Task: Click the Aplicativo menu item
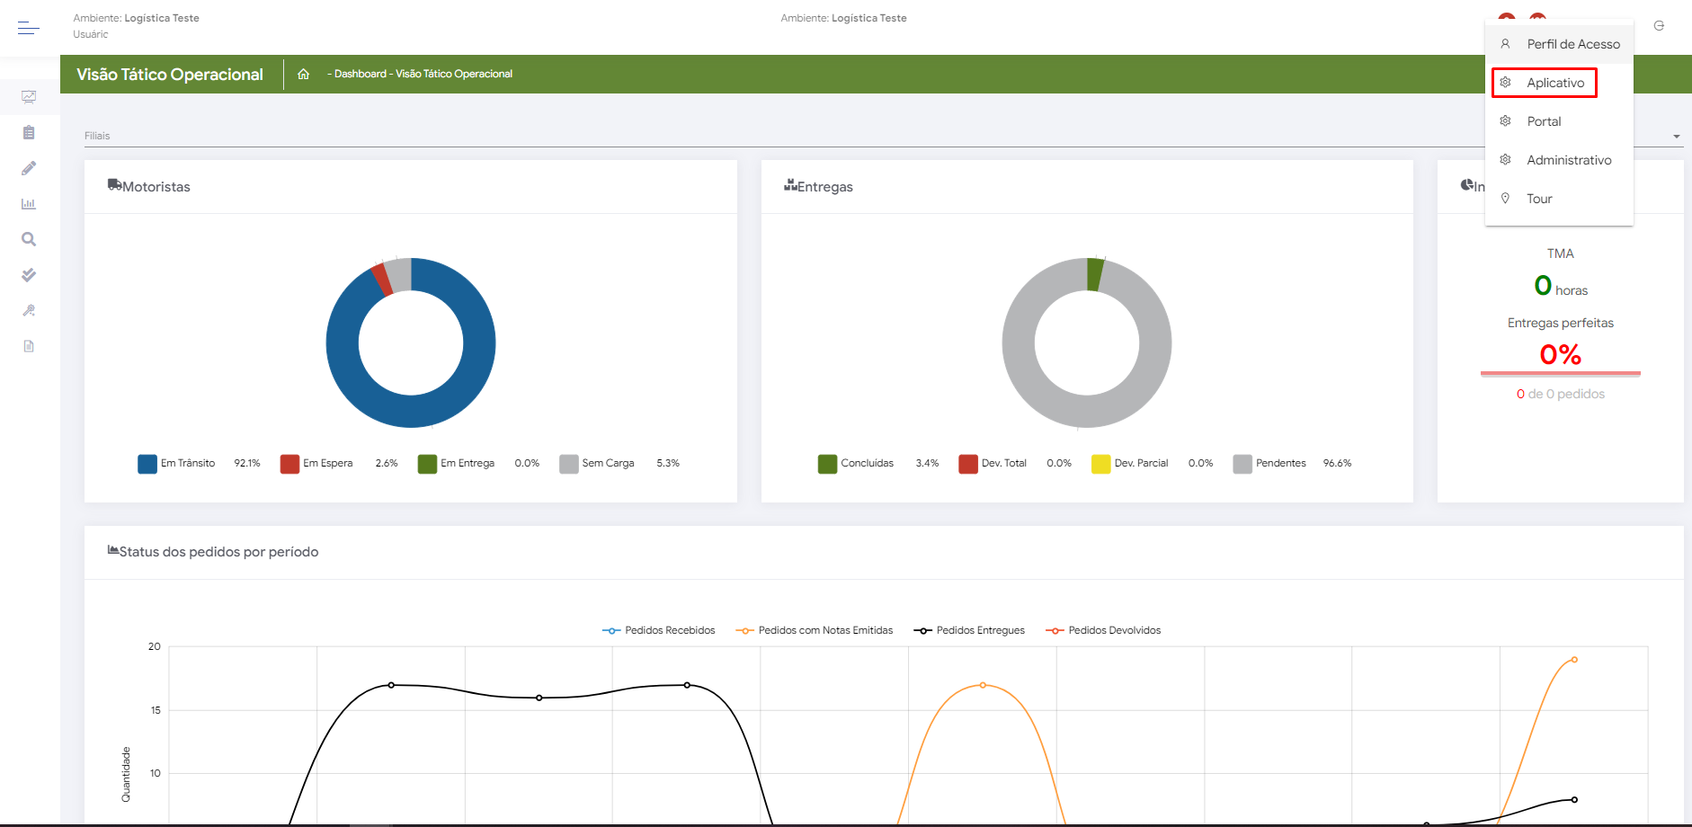(x=1554, y=83)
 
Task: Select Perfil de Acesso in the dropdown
(x=1572, y=44)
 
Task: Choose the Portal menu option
(x=1544, y=121)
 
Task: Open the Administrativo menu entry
(x=1568, y=160)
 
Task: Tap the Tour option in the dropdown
(x=1539, y=199)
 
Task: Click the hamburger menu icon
(x=29, y=28)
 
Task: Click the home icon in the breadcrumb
(x=304, y=74)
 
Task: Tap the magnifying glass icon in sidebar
(x=29, y=239)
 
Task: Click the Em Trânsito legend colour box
(x=147, y=464)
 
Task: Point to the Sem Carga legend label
(x=608, y=464)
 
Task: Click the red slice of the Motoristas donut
(x=382, y=278)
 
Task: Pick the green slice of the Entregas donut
(x=1095, y=274)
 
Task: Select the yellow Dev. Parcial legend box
(x=1100, y=464)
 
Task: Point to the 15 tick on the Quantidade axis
(x=156, y=710)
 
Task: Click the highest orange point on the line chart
(x=1574, y=660)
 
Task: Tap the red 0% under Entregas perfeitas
(x=1560, y=355)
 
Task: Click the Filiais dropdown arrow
(x=1677, y=137)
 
